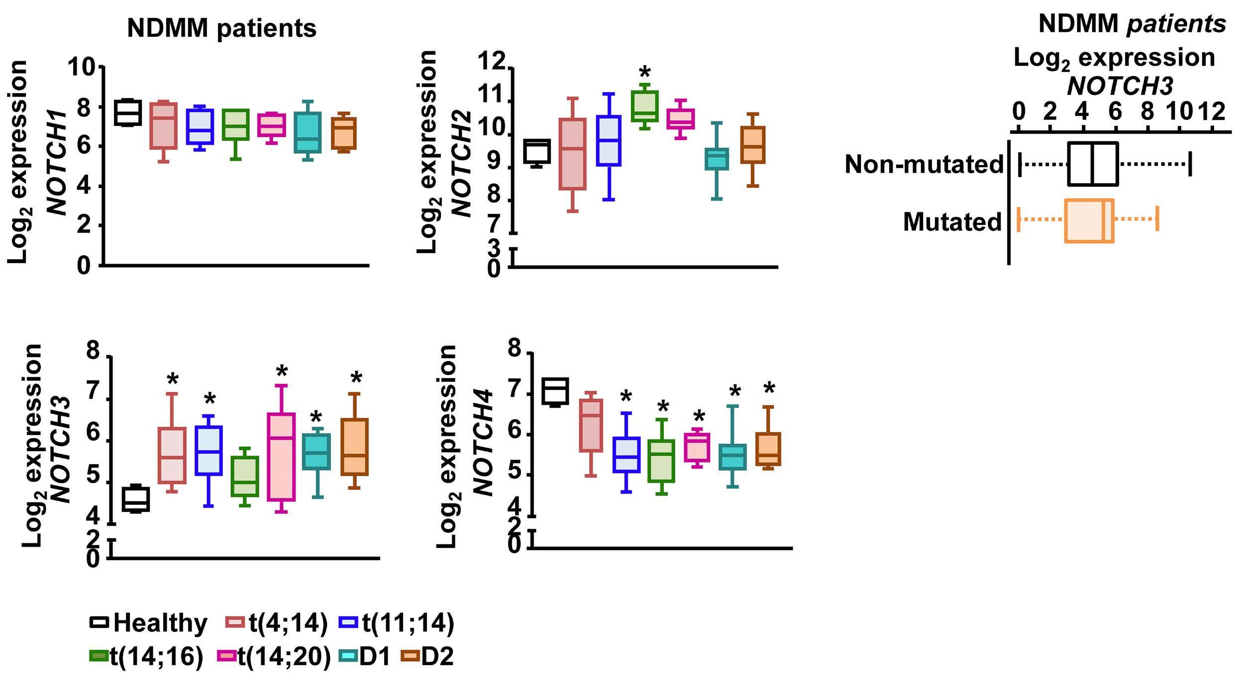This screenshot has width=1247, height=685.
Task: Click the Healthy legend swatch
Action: pyautogui.click(x=99, y=622)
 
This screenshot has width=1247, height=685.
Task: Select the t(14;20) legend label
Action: pyautogui.click(x=284, y=657)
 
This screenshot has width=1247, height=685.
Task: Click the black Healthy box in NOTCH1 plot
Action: pyautogui.click(x=128, y=112)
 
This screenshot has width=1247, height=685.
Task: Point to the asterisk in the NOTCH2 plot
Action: pyautogui.click(x=644, y=73)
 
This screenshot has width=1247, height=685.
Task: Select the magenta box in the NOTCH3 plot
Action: pyautogui.click(x=282, y=457)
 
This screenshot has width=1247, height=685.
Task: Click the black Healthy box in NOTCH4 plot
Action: pyautogui.click(x=555, y=391)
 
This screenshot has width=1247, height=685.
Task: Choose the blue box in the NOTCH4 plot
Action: pyautogui.click(x=626, y=455)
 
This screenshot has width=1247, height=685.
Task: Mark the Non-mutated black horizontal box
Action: pyautogui.click(x=1093, y=164)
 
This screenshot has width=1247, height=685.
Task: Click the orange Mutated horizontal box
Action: pyautogui.click(x=1089, y=220)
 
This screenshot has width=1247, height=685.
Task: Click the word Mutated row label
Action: pyautogui.click(x=952, y=222)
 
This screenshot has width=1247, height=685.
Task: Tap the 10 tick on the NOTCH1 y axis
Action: pyautogui.click(x=83, y=67)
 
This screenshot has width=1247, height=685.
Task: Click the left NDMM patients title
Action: pyautogui.click(x=222, y=28)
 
